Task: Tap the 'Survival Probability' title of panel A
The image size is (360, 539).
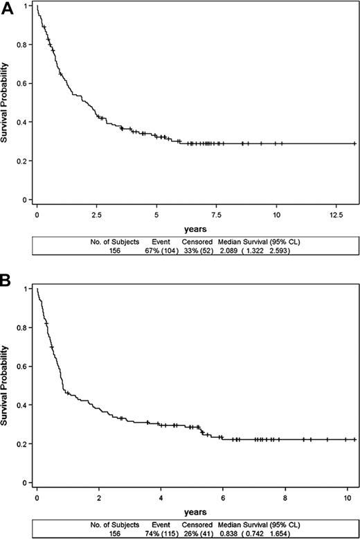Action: tap(6, 104)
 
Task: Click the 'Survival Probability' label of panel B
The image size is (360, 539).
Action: tap(6, 386)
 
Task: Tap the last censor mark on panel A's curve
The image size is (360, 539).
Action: tap(354, 143)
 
